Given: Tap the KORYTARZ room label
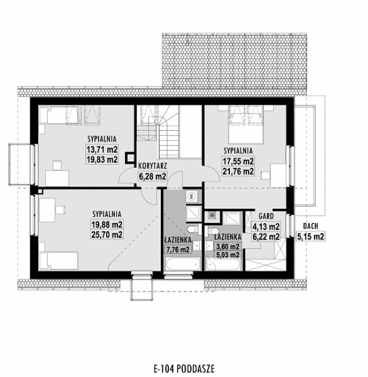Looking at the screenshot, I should (153, 166).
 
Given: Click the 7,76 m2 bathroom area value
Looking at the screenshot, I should (178, 250).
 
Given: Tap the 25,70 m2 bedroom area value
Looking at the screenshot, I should (106, 235).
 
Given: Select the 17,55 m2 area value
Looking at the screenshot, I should (239, 161).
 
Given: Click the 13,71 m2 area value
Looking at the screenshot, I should (102, 149).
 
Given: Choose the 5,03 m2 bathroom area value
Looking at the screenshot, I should (228, 254).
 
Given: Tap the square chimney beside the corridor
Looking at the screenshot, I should (130, 156).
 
